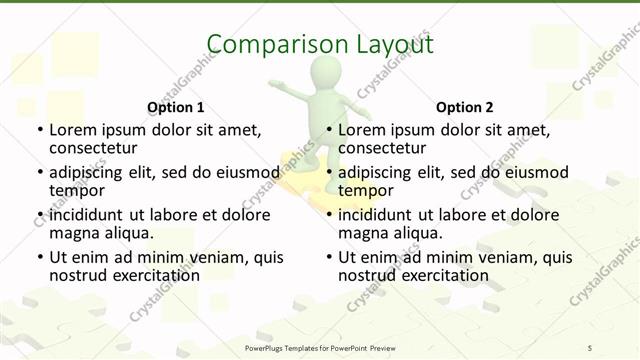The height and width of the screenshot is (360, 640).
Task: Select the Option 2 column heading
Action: click(464, 107)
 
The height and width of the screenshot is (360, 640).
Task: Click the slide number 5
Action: click(590, 347)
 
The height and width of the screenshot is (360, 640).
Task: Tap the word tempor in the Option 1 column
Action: click(77, 190)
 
